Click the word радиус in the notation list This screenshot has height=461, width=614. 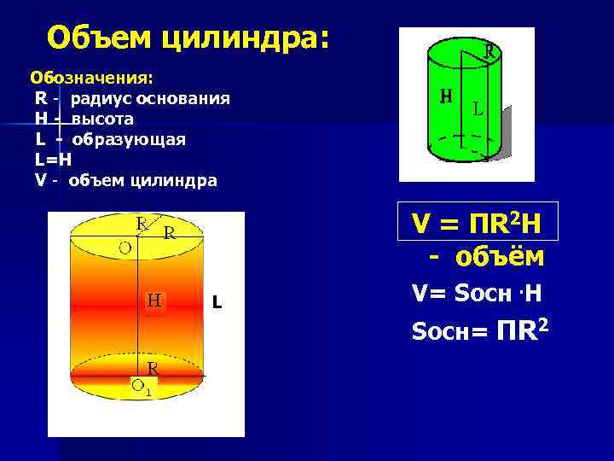click(x=99, y=98)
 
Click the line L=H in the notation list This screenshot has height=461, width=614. click(x=54, y=160)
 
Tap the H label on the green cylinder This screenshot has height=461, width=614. click(x=445, y=96)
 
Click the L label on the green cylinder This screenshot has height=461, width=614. click(x=478, y=109)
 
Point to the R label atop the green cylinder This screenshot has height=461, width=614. click(x=489, y=50)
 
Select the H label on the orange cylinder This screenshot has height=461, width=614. click(x=154, y=301)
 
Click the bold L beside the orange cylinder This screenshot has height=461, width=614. click(x=217, y=302)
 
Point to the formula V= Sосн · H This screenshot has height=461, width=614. click(x=476, y=294)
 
